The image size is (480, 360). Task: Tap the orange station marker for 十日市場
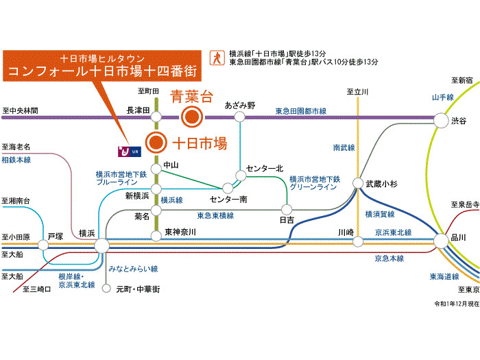(157, 143)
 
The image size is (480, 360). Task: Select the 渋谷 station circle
(440, 121)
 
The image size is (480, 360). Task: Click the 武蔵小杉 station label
(382, 184)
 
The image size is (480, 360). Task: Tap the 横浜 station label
(86, 233)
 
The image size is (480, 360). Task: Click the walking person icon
(217, 57)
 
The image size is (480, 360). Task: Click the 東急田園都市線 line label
(301, 110)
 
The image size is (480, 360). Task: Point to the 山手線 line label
(443, 97)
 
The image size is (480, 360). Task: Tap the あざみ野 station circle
(239, 117)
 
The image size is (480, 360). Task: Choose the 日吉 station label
(287, 220)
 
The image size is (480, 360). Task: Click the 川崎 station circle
(357, 241)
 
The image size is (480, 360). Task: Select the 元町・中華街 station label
(137, 289)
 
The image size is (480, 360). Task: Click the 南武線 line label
(344, 147)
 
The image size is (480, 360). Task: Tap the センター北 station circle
(241, 176)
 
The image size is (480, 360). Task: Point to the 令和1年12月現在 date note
(455, 303)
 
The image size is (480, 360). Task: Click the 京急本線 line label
(389, 259)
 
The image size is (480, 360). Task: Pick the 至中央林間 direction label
(21, 110)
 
